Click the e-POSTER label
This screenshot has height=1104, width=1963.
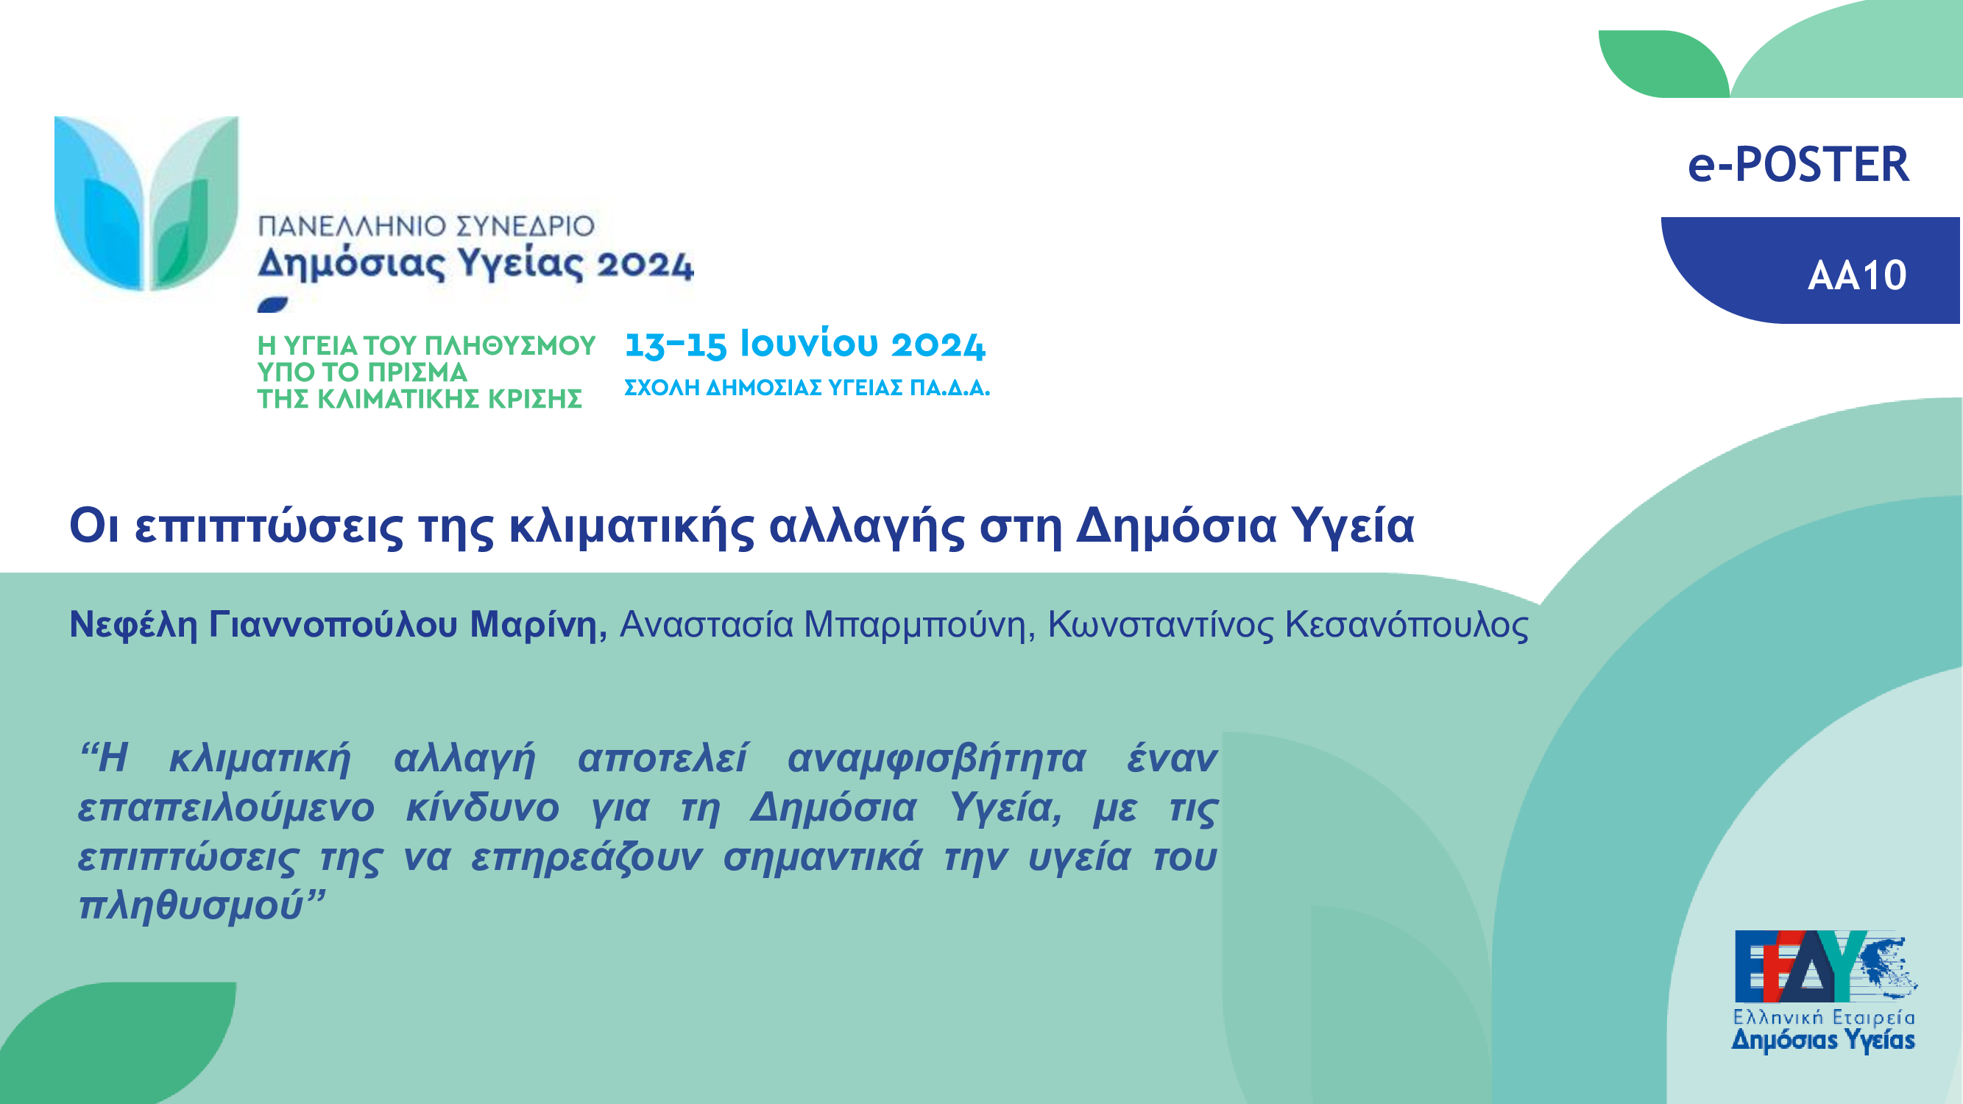(1799, 165)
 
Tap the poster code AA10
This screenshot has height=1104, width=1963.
(1857, 275)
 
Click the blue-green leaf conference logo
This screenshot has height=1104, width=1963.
(146, 203)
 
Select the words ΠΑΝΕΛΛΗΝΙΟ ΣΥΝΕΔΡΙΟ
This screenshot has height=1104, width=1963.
(426, 226)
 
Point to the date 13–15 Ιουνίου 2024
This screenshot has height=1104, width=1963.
(804, 344)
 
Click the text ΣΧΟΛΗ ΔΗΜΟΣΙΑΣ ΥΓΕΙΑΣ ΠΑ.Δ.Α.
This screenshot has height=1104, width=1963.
(807, 388)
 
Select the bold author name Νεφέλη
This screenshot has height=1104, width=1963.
(133, 625)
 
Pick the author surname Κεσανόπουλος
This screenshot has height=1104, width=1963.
(1407, 625)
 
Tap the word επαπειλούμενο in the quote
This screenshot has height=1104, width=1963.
(226, 808)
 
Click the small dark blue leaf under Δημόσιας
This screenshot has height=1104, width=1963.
(273, 305)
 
